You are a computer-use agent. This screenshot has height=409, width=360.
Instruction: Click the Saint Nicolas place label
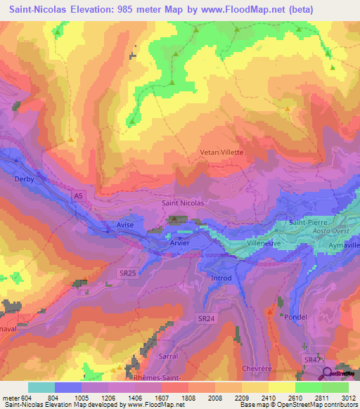tap(183, 203)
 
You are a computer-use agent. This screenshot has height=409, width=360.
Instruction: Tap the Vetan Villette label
tap(222, 152)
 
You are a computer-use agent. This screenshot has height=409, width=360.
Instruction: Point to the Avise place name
tap(125, 225)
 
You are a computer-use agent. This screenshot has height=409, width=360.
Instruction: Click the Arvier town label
tap(180, 242)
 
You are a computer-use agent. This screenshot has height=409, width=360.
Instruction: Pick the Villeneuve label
tap(264, 242)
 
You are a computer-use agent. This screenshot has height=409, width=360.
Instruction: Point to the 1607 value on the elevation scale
tap(162, 398)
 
